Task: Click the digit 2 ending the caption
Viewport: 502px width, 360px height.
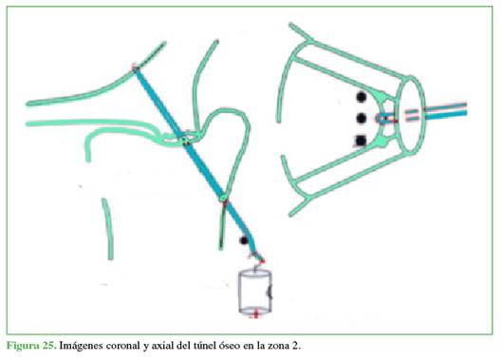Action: [295, 346]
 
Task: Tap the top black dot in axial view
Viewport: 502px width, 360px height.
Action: [362, 97]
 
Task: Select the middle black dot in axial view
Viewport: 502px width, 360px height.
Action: [362, 119]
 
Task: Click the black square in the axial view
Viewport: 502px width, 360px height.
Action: [362, 141]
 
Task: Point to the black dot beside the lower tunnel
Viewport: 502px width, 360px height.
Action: [244, 240]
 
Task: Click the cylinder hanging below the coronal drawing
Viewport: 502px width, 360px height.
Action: [255, 292]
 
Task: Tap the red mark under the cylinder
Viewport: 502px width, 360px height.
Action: [255, 313]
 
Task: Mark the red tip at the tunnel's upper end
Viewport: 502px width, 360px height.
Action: [135, 67]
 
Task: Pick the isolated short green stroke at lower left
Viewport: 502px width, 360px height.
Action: [108, 229]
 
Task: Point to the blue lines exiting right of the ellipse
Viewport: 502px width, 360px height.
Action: [446, 110]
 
